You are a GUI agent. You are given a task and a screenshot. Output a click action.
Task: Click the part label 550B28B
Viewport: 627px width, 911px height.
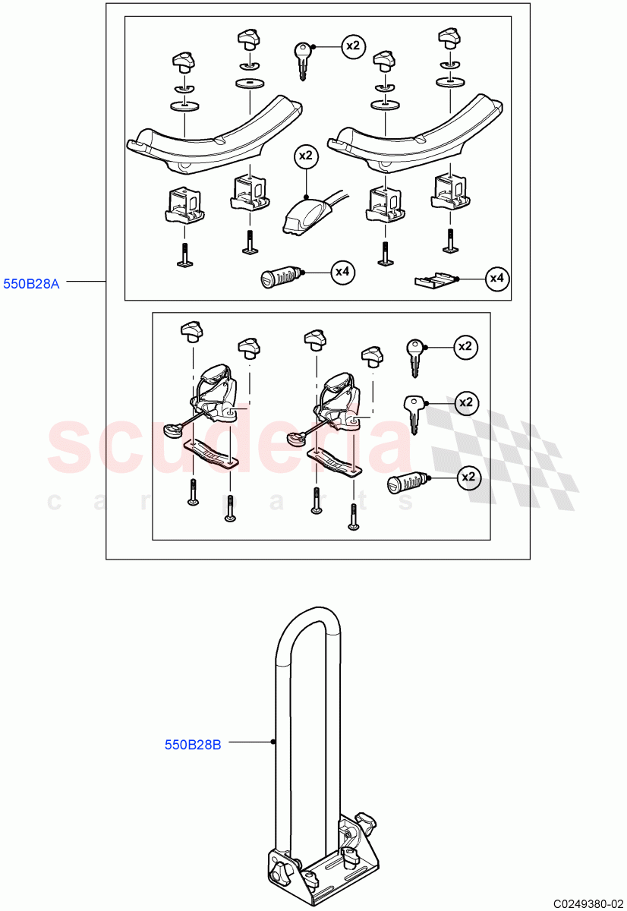click(193, 745)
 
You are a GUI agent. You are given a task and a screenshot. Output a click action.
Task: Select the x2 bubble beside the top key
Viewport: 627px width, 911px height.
click(352, 46)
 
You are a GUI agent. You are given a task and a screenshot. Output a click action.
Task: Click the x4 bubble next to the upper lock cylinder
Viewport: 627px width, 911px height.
click(343, 272)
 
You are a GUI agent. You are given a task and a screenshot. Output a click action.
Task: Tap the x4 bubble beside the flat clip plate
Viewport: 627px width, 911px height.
click(496, 279)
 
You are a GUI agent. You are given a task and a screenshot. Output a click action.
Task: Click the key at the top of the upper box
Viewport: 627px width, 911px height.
click(301, 58)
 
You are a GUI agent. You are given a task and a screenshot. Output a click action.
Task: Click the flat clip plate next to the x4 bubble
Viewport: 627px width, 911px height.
click(436, 281)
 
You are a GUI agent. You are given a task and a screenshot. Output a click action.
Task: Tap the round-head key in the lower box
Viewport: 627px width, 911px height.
click(414, 356)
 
